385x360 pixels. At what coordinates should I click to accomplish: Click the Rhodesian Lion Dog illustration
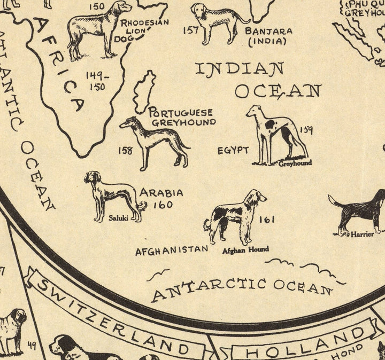96,29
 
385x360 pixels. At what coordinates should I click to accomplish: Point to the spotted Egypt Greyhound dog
275,134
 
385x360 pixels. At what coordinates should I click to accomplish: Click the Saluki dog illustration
113,195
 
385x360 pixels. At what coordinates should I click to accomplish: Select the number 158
125,151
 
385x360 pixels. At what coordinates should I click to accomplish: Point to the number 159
306,129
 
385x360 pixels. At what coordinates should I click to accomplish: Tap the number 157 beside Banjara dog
191,30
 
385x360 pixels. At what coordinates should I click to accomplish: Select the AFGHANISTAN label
171,249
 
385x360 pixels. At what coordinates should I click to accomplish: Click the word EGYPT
233,150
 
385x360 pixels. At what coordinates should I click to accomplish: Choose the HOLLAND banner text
304,345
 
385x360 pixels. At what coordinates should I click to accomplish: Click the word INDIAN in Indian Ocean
239,69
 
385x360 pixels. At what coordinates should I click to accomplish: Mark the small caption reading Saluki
118,218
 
